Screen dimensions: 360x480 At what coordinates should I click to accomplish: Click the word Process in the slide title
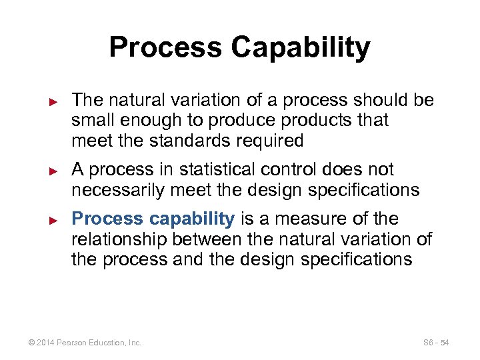[x=164, y=48]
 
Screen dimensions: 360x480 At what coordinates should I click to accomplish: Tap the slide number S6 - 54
[x=436, y=343]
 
